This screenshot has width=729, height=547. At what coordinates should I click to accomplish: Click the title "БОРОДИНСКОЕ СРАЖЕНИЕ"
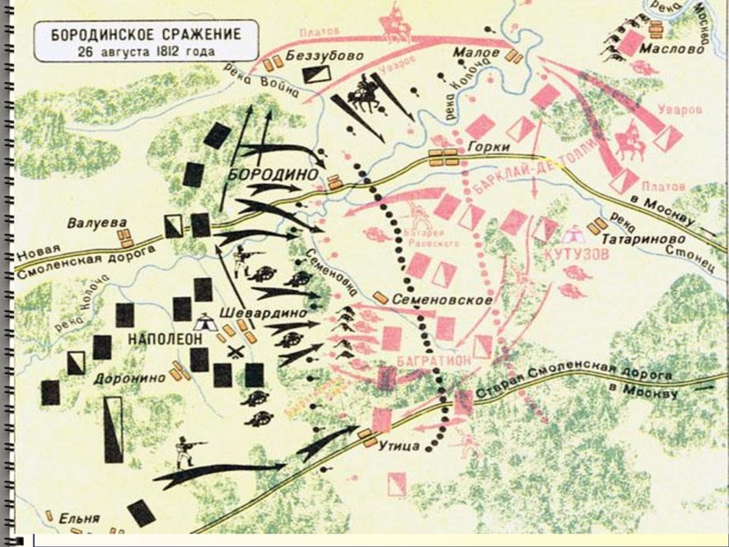point(139,34)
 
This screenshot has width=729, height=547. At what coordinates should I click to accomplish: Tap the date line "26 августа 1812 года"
point(139,50)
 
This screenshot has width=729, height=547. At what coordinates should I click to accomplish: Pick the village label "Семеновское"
point(444,299)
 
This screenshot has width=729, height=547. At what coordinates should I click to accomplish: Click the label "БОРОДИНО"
point(273,173)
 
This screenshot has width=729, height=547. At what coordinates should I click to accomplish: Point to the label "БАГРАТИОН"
point(435,361)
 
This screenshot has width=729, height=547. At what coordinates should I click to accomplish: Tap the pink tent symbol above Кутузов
point(574,233)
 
